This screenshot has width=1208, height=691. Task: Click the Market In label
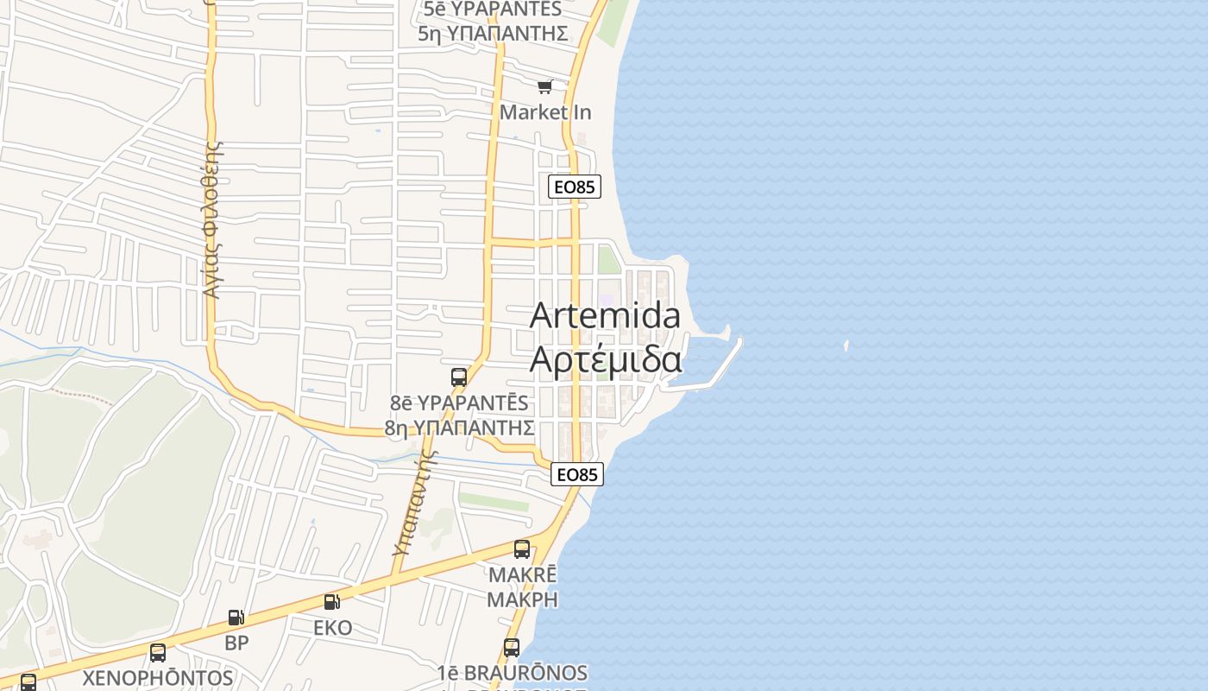coord(545,112)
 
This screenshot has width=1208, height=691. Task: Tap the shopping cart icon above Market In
coord(544,86)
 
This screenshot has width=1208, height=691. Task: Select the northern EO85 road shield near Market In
coord(574,187)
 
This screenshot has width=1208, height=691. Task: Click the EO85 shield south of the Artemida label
coord(577,474)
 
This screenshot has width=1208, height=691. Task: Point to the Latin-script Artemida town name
coord(605,316)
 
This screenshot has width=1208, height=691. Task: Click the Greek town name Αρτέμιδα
coord(606,359)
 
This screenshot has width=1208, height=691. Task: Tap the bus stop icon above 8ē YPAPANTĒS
coord(459,377)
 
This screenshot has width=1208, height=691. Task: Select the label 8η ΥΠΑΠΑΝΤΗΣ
coord(459,428)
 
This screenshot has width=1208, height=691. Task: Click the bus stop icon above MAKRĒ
coord(522,549)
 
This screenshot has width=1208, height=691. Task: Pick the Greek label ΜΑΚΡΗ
coord(523,599)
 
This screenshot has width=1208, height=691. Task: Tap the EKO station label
coord(332,628)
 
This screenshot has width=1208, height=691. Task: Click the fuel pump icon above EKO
coord(332,602)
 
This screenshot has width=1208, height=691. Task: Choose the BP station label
coord(236,643)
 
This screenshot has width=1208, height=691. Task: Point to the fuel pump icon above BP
coord(236,618)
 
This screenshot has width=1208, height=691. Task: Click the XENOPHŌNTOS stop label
coord(157,678)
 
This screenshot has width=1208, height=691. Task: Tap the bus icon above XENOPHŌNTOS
coord(157,653)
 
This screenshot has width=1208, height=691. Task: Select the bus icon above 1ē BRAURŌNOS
coord(512,647)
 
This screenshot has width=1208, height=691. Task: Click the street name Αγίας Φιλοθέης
coord(212,219)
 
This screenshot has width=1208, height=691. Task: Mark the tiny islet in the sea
coord(846,346)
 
